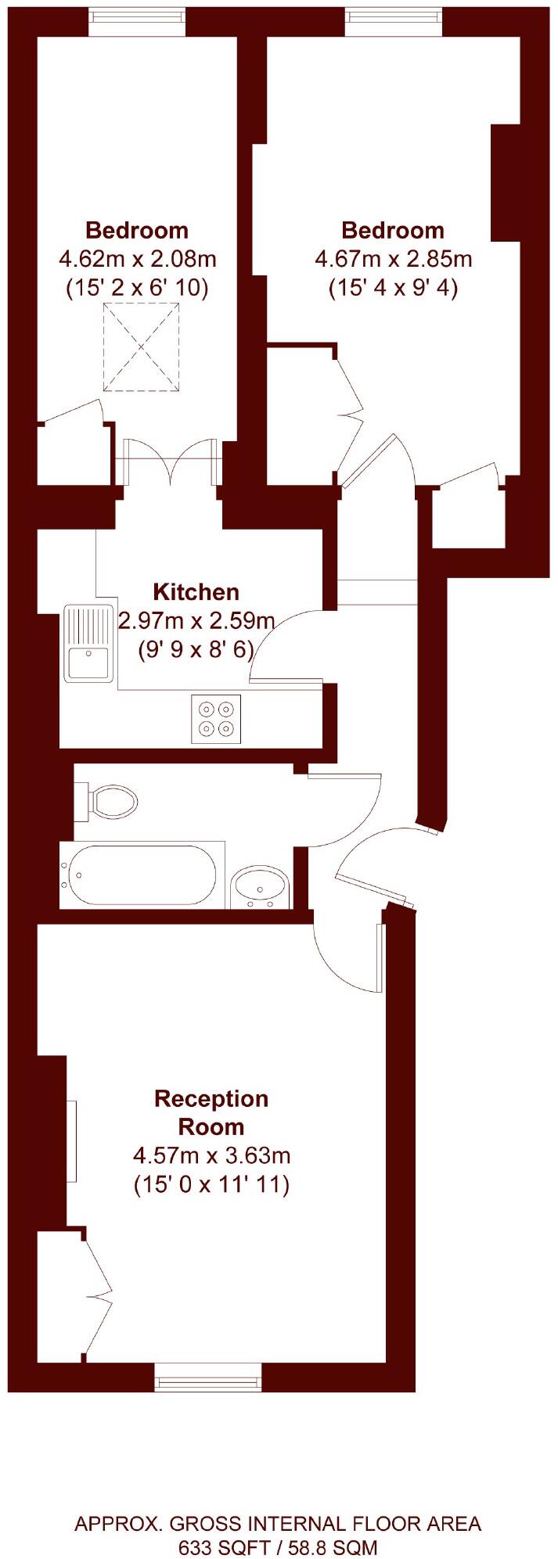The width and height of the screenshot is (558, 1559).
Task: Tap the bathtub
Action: pyautogui.click(x=142, y=875)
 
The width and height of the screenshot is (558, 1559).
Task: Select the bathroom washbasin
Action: pyautogui.click(x=261, y=887)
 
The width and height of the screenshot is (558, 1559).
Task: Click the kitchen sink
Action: pyautogui.click(x=88, y=643)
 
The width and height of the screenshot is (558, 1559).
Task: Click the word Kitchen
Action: pyautogui.click(x=196, y=591)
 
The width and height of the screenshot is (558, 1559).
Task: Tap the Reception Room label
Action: pyautogui.click(x=211, y=1112)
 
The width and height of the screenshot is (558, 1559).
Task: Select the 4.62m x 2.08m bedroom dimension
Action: pyautogui.click(x=137, y=258)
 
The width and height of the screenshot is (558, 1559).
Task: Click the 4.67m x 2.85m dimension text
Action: pyautogui.click(x=393, y=258)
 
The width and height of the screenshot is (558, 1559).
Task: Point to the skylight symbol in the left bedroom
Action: pyautogui.click(x=141, y=347)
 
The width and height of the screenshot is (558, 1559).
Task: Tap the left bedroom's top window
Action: pyautogui.click(x=137, y=23)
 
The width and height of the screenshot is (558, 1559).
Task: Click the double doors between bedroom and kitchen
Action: pyautogui.click(x=169, y=462)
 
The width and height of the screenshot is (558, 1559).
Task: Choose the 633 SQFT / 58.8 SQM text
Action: pyautogui.click(x=278, y=1546)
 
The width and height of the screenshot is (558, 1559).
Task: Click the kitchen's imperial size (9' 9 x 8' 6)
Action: pyautogui.click(x=196, y=648)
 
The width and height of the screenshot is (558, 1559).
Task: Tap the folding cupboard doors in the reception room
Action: pyautogui.click(x=98, y=1294)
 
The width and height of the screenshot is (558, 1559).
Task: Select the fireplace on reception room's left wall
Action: pyautogui.click(x=71, y=1141)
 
